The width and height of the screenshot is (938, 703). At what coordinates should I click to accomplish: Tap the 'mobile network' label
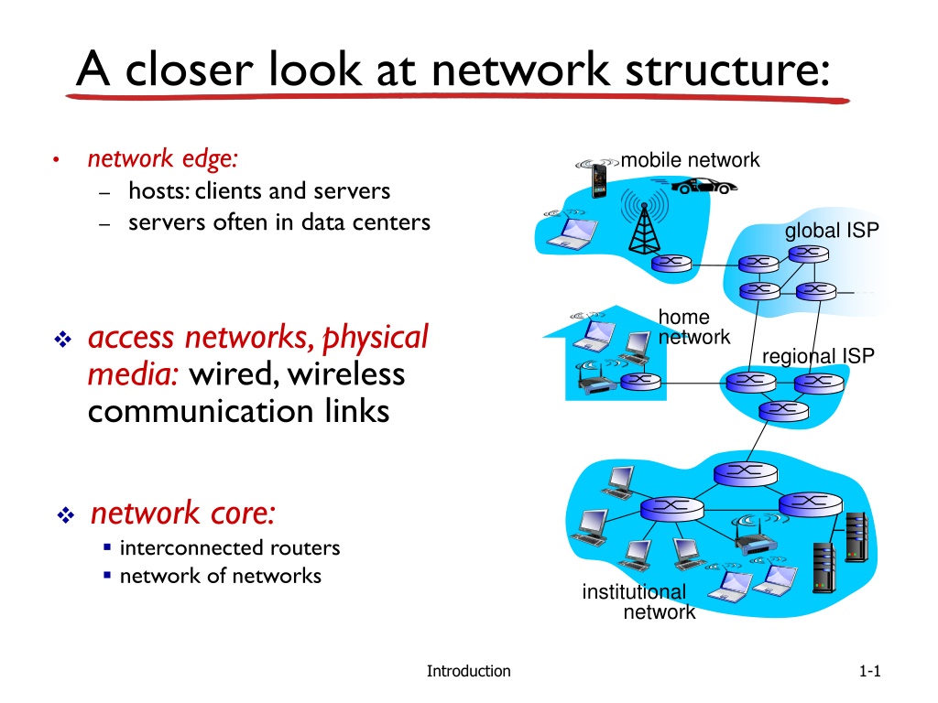[690, 160]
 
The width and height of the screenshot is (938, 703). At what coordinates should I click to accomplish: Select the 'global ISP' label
[832, 230]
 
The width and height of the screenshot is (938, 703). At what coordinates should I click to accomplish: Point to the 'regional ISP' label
[818, 356]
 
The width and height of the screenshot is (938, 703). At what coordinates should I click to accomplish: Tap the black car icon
[704, 186]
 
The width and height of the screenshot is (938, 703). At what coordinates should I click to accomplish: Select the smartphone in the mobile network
[598, 180]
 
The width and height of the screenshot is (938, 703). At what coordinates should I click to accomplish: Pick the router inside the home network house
[640, 381]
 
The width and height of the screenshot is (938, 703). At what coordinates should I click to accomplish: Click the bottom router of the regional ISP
[784, 411]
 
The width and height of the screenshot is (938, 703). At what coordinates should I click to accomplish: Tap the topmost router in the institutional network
[746, 474]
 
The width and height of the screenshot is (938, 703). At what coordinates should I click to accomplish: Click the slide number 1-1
[870, 671]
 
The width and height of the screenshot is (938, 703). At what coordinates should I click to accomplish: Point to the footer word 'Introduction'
[468, 671]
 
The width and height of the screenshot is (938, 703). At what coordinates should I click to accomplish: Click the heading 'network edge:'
[163, 159]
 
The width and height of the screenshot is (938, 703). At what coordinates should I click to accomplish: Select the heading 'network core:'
[183, 513]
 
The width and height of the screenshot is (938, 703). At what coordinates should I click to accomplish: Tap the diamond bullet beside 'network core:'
[65, 514]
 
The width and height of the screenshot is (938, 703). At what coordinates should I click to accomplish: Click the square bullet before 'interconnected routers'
[107, 546]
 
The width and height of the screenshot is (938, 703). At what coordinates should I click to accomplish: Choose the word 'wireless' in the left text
[345, 374]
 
